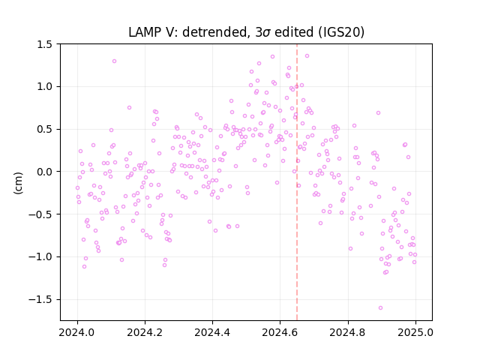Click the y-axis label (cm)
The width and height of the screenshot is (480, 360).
18,183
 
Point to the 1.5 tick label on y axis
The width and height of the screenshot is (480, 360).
45,44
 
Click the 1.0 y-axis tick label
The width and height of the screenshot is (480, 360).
45,87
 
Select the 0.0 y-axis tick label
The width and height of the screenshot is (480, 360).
45,172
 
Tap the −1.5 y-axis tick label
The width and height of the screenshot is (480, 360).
41,299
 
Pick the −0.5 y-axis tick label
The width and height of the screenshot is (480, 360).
41,214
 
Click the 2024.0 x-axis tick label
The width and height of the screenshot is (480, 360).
77,332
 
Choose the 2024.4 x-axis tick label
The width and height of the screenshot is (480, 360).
212,332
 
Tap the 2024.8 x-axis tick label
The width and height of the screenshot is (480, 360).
348,332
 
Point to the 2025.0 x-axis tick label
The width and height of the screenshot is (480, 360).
415,332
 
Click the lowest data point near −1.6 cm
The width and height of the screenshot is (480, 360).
380,308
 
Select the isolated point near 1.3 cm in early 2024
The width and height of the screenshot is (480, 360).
114,61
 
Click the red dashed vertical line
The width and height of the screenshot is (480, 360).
297,182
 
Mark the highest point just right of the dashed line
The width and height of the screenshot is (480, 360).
307,56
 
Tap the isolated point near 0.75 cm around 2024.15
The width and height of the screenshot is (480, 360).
129,108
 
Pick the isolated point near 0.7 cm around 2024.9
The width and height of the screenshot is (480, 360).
378,113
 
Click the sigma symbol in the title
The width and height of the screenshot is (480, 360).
266,33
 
